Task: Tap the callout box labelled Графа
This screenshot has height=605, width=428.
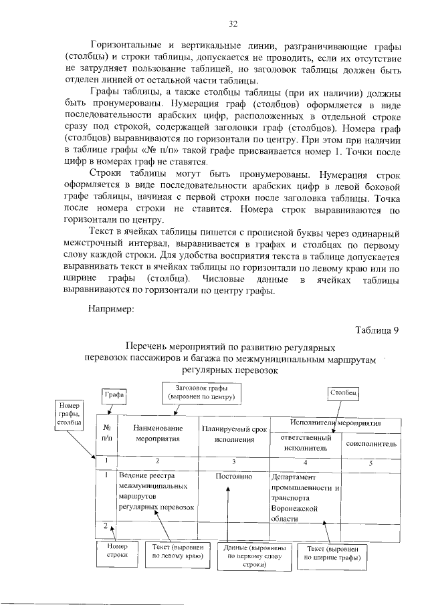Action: [x=114, y=395]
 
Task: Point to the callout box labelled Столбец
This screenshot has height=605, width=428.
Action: [x=344, y=394]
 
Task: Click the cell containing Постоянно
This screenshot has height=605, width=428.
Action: [x=234, y=477]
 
